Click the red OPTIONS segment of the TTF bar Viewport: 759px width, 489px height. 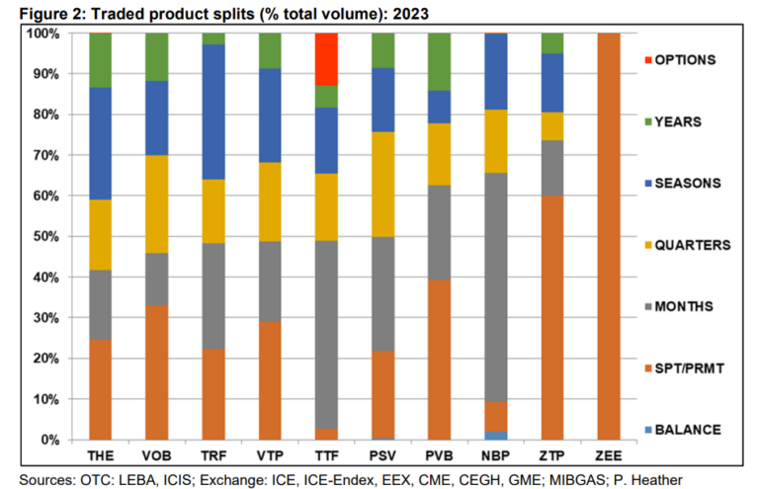326,59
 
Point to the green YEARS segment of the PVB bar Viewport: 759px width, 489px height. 440,61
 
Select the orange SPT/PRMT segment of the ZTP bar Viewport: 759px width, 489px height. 552,317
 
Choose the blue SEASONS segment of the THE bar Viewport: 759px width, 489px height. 100,143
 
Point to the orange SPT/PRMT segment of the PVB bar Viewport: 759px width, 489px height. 440,360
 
